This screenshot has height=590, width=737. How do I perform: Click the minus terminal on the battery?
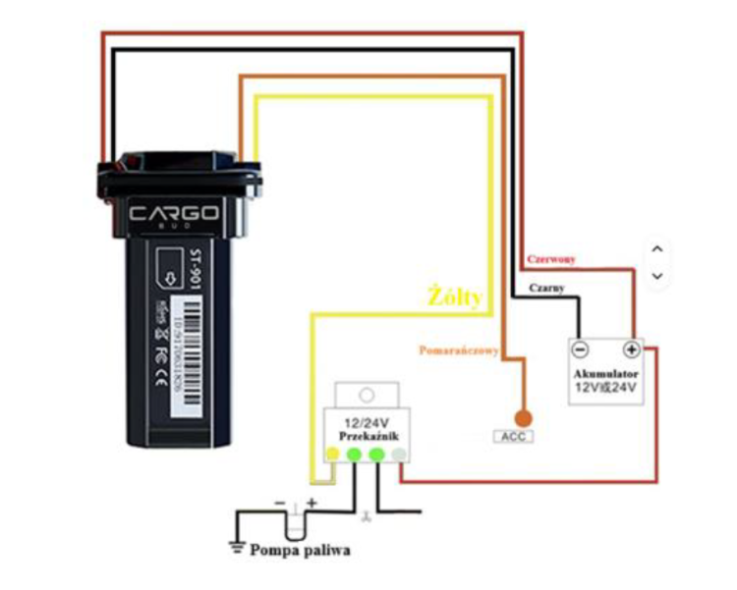pos(581,349)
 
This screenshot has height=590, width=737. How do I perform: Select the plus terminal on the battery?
pos(632,349)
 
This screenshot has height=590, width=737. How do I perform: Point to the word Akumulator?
pos(606,374)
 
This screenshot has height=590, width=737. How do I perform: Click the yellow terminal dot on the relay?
pos(333,455)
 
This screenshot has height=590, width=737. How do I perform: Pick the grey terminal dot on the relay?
pos(398,455)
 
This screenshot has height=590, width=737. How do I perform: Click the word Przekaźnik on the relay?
pos(367,436)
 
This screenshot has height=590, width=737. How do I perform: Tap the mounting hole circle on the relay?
pos(367,396)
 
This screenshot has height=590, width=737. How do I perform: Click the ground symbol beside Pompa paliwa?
pos(236,547)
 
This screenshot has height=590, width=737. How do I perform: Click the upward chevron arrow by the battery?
pos(658,249)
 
